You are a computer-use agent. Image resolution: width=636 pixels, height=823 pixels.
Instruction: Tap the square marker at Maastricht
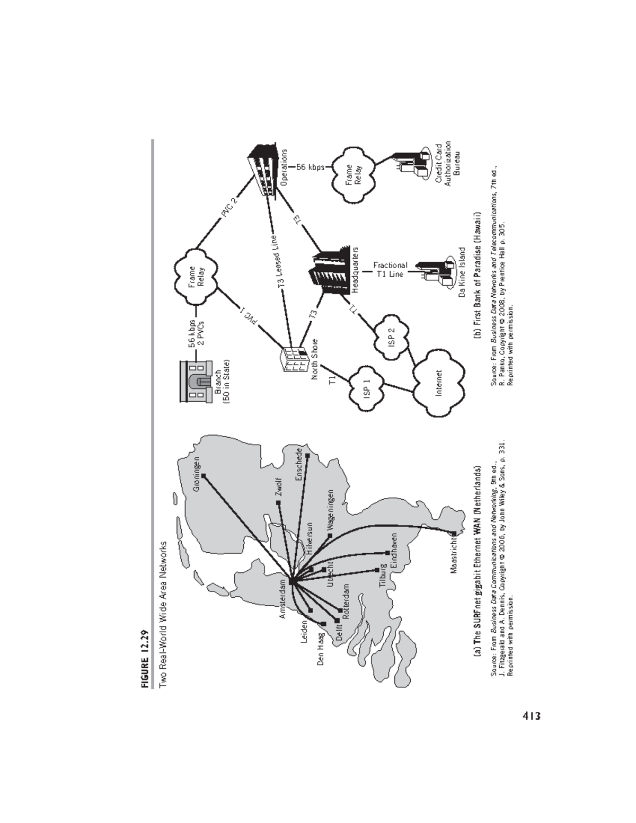click(454, 533)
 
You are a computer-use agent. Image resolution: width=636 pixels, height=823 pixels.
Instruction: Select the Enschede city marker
click(307, 456)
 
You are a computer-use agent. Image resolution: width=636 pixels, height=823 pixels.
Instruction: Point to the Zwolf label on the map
click(279, 486)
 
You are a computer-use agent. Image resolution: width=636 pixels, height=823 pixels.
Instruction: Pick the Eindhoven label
click(394, 550)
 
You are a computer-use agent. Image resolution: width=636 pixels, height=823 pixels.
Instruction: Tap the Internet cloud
click(439, 383)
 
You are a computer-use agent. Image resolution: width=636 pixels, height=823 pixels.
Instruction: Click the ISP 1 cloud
click(367, 389)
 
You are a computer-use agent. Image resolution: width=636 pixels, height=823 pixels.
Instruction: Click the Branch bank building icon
click(196, 381)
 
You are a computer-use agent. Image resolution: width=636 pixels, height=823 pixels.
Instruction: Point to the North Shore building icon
click(293, 361)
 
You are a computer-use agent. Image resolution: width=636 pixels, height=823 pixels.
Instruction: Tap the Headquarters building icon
click(329, 270)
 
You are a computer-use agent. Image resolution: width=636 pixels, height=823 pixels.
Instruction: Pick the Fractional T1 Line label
click(390, 269)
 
